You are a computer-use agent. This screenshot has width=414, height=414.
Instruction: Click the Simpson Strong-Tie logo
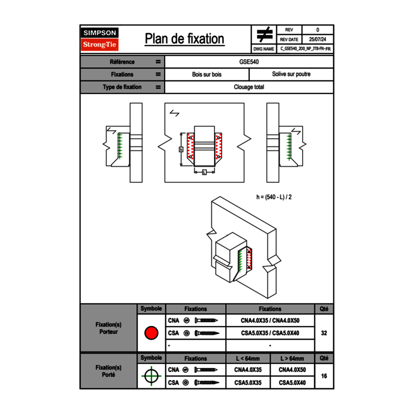(x=100, y=39)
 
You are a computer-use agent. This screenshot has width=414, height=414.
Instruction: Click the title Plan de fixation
(x=184, y=39)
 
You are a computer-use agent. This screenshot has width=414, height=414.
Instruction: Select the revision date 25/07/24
(x=318, y=40)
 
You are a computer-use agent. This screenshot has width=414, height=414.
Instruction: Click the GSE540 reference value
(x=249, y=62)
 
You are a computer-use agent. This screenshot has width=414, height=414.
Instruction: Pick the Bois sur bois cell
(x=207, y=74)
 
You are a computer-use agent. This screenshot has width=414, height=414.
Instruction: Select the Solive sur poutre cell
(x=291, y=74)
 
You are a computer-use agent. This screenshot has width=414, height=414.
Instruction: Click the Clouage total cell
(x=249, y=87)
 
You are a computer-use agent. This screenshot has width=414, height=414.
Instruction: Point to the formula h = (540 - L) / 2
(x=274, y=197)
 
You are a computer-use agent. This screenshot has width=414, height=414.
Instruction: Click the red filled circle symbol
(x=151, y=333)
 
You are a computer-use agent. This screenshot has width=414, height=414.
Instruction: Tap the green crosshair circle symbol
(x=151, y=376)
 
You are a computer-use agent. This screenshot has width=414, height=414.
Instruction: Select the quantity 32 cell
(x=324, y=333)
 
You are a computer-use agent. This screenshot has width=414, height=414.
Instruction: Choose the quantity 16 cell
(x=324, y=376)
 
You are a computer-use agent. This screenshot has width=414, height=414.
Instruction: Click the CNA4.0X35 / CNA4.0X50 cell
(x=270, y=321)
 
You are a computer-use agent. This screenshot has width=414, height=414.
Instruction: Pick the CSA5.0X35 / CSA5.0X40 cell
(x=270, y=333)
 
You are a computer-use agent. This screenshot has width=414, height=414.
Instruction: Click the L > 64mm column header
(x=292, y=358)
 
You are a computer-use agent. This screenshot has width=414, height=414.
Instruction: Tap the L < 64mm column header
(x=248, y=358)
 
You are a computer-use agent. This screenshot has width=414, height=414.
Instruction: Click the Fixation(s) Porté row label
(x=109, y=371)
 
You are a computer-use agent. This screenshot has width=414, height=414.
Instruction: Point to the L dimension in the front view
(x=204, y=173)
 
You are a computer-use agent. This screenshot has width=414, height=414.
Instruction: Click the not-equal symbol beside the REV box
(x=264, y=34)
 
